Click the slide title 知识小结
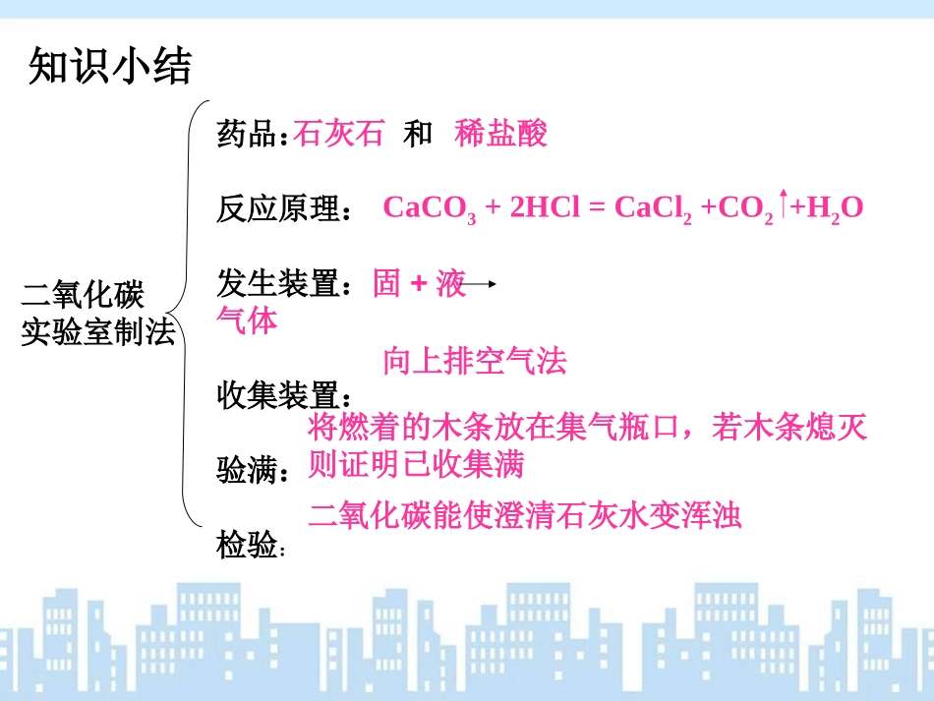coord(109,67)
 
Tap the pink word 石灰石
coord(338,135)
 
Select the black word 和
coord(417,135)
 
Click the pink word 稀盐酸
coord(500,135)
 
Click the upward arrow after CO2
coord(784,204)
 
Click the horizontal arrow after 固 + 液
coord(481,285)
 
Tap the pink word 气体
coord(247,320)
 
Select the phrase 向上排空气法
coord(475,361)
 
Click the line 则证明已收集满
coord(415,463)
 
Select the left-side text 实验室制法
coord(97,332)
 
